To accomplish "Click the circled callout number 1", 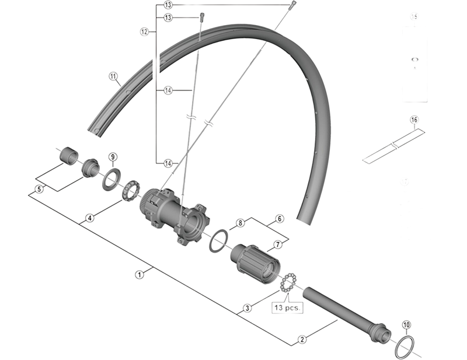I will (140, 273).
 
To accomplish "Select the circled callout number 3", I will (247, 307).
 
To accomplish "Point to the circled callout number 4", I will (89, 218).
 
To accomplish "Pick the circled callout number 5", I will (39, 188).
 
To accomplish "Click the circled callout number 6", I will (279, 219).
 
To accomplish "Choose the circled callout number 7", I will (278, 244).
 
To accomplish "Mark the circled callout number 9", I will (113, 156).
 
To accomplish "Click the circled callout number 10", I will (406, 325).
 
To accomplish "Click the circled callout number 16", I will (413, 120).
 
